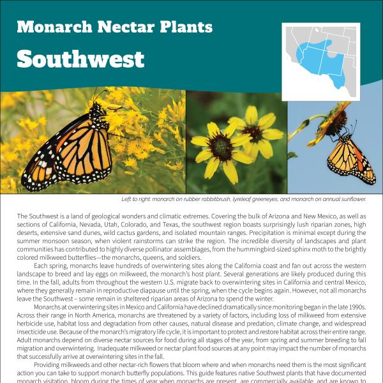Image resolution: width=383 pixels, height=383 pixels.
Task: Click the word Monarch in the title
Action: coord(48,27)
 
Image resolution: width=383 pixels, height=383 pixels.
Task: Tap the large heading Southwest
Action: coord(80,59)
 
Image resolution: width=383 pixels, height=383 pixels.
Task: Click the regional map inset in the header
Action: coord(321,54)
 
